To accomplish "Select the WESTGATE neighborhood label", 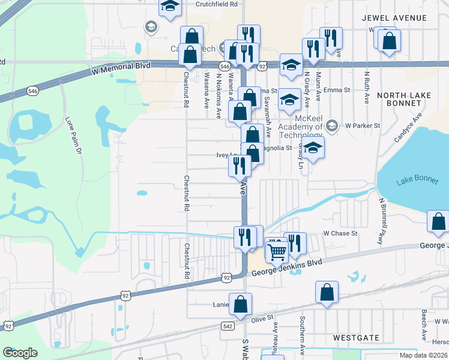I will pyautogui.click(x=357, y=338).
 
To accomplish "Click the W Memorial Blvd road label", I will pyautogui.click(x=120, y=70).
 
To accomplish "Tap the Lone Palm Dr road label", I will pyautogui.click(x=73, y=137).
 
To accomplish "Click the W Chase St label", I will pyautogui.click(x=340, y=233).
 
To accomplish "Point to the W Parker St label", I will pyautogui.click(x=363, y=125).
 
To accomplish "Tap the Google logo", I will pyautogui.click(x=20, y=352).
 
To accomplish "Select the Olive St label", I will pyautogui.click(x=262, y=316).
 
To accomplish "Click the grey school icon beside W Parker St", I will pyautogui.click(x=333, y=126).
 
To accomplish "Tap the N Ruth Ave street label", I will pyautogui.click(x=366, y=88).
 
